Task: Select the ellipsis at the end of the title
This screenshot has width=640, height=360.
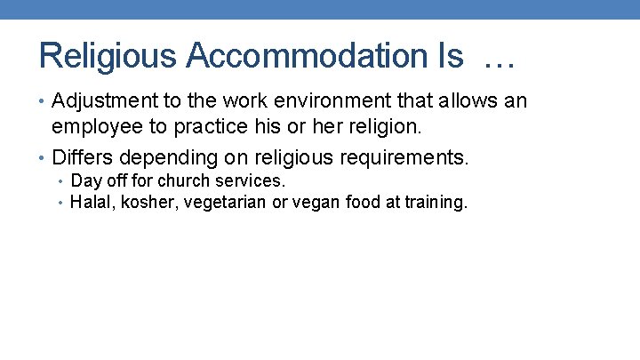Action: tap(500, 58)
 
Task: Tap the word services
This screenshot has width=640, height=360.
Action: tap(250, 181)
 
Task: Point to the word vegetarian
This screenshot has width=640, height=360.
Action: tap(220, 203)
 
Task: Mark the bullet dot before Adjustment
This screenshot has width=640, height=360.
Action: tap(44, 101)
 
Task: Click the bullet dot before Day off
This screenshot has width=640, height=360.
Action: tap(60, 181)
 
